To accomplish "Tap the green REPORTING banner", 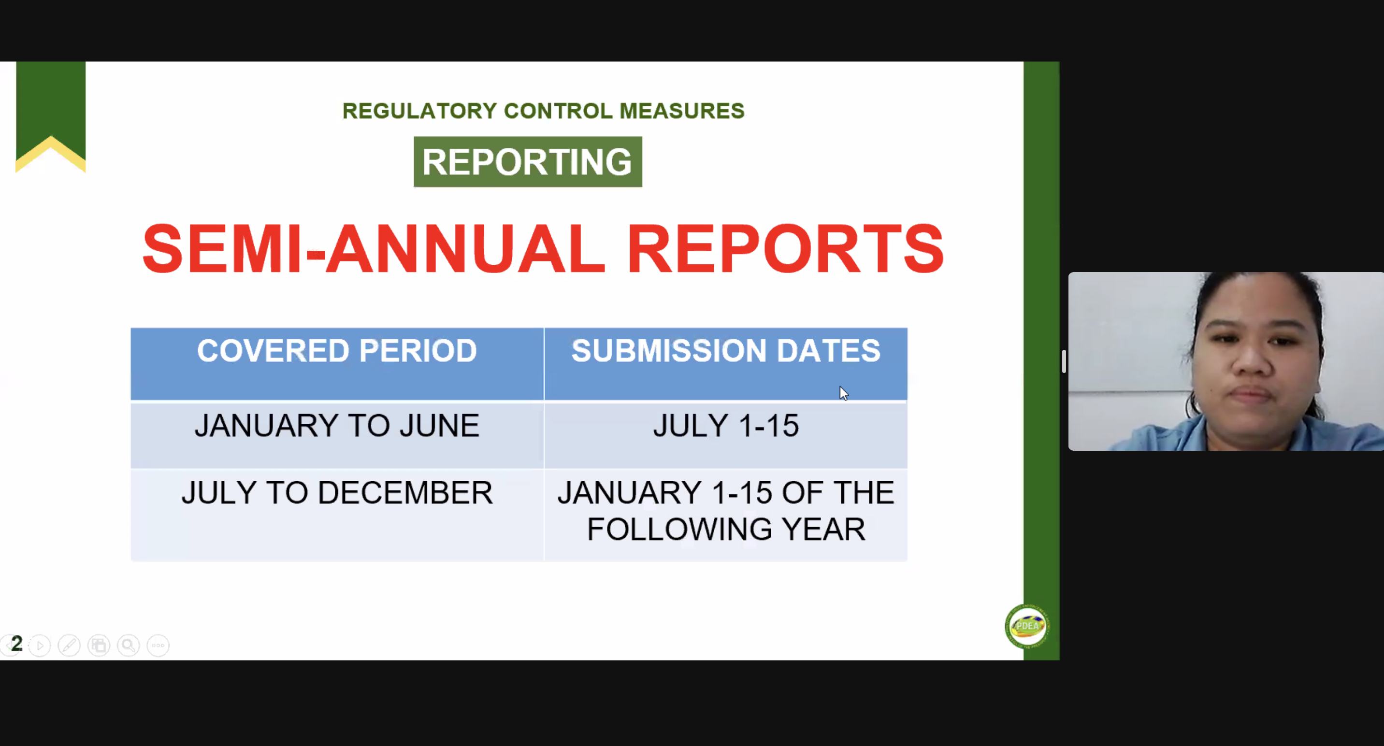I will click(528, 162).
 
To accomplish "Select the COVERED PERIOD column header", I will click(337, 351).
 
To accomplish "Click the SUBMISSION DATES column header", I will click(726, 351).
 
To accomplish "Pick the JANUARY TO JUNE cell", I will click(337, 426).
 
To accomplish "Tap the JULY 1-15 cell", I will click(726, 426).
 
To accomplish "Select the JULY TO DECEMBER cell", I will click(337, 492).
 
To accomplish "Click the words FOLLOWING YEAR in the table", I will click(726, 529).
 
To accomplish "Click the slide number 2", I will click(16, 644).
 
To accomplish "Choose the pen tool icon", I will click(69, 645).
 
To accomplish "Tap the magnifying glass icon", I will click(129, 645).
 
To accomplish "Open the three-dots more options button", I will click(158, 645).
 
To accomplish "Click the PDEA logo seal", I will click(1027, 626).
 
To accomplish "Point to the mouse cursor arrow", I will click(843, 393).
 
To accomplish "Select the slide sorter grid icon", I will click(99, 645).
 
